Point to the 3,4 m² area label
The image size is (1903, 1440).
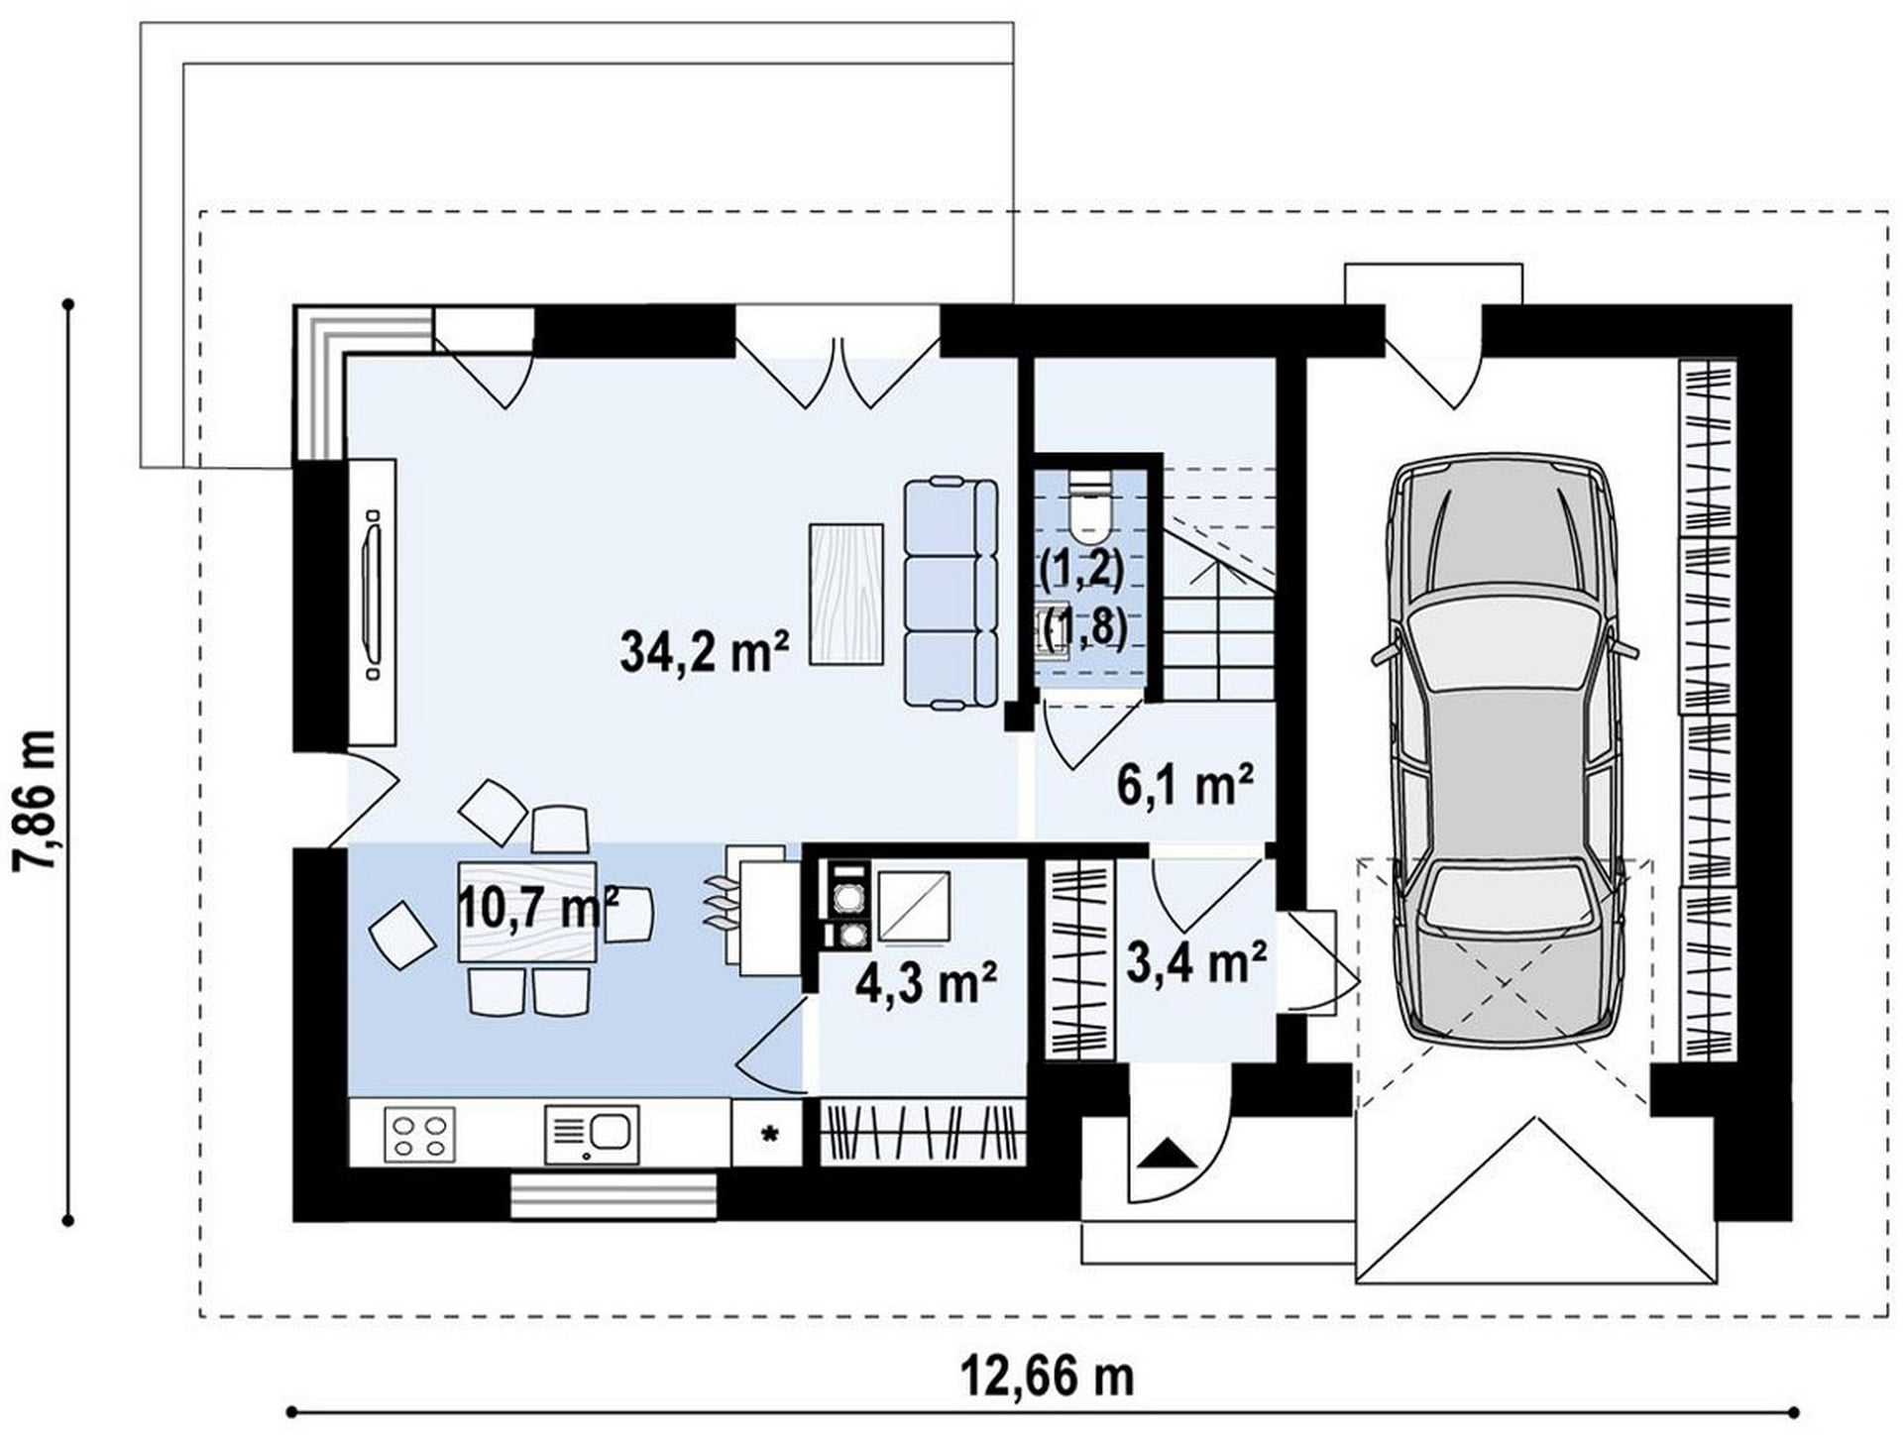pos(1196,962)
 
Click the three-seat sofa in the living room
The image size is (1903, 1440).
pos(951,593)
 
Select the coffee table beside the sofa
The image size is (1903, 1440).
pos(846,594)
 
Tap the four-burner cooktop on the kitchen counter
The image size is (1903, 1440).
pos(419,1135)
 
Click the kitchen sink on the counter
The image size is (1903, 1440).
pos(592,1135)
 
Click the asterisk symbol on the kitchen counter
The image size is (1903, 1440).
pos(768,1135)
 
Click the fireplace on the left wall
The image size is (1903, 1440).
pos(371,602)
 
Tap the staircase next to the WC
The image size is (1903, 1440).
pos(1218,585)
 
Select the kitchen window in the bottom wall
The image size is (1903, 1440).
pos(613,1196)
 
